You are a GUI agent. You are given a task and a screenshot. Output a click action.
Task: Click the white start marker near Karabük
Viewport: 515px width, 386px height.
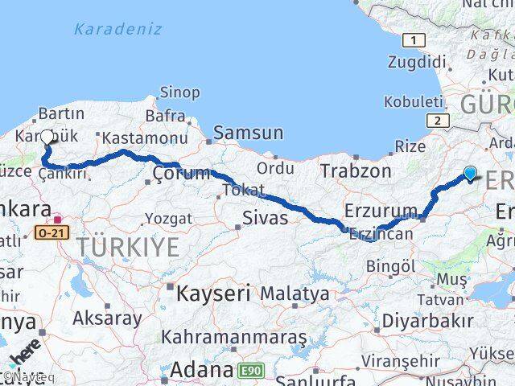tap(47, 138)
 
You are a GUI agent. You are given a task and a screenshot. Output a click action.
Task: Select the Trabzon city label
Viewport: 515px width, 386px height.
tap(355, 170)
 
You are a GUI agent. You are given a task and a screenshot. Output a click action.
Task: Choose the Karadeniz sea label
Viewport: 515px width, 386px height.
tap(117, 29)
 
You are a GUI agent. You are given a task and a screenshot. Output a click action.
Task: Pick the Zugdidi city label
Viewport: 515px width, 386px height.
tap(416, 63)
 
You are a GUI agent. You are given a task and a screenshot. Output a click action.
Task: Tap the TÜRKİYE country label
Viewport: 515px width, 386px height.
tap(129, 247)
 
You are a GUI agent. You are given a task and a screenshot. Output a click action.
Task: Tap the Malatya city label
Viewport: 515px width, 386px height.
tap(295, 294)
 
